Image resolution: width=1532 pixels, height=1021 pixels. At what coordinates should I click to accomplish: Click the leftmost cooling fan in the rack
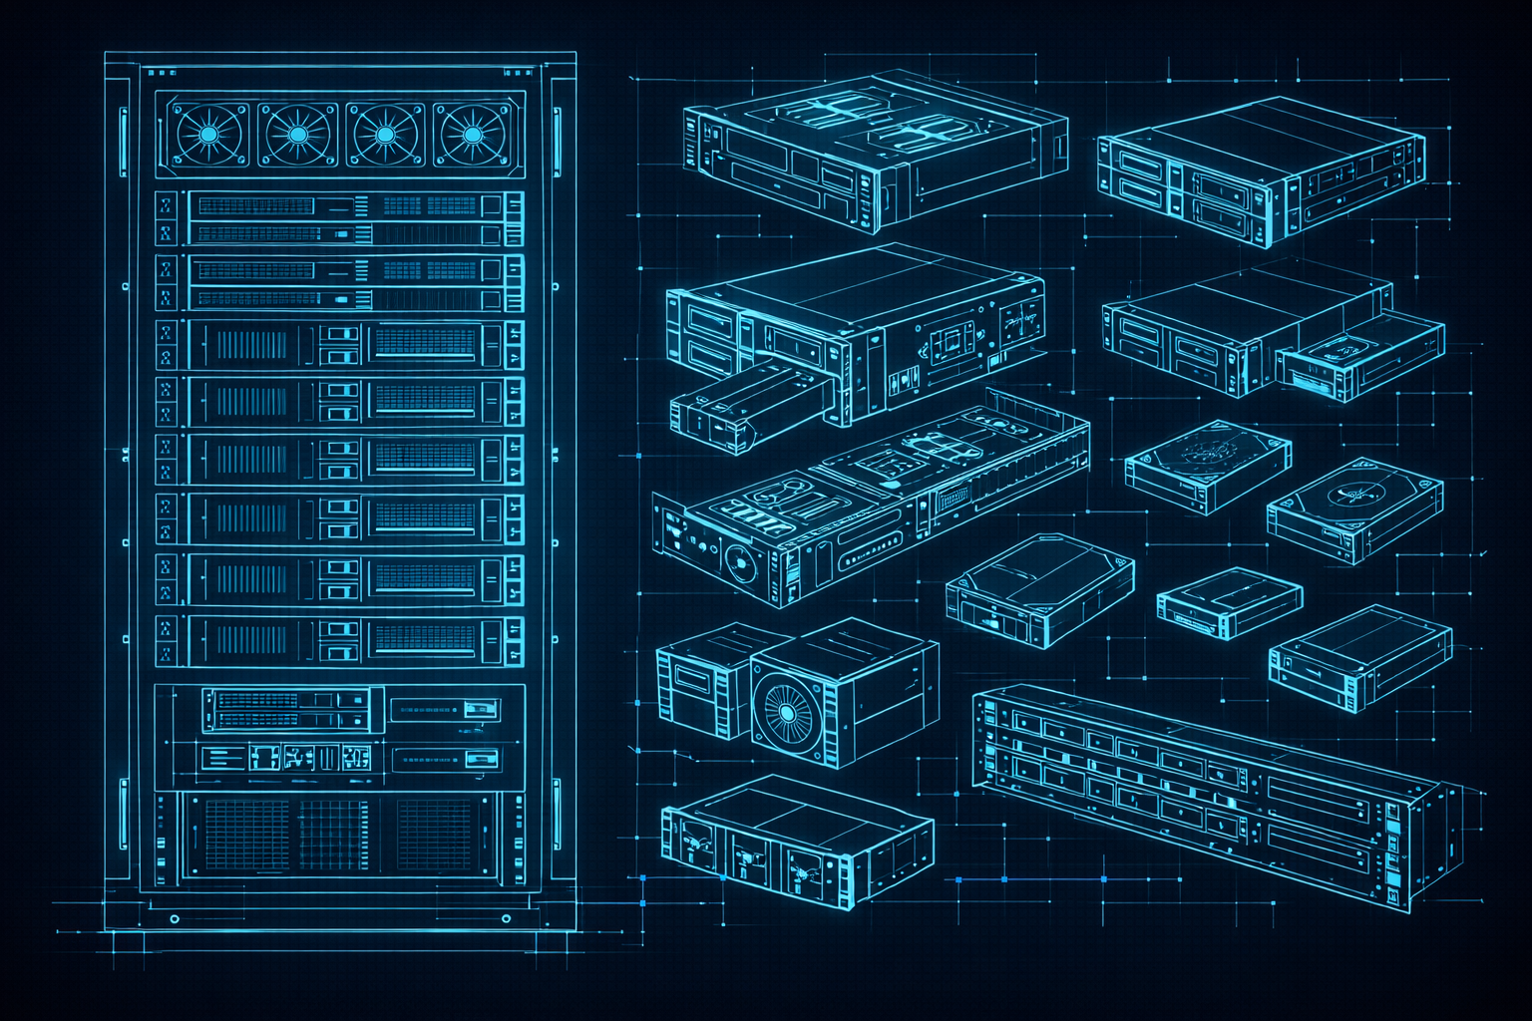click(209, 134)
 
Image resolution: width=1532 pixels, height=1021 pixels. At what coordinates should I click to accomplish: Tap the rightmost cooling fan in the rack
click(472, 134)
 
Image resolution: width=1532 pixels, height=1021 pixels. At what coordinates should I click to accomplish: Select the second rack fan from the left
click(297, 134)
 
